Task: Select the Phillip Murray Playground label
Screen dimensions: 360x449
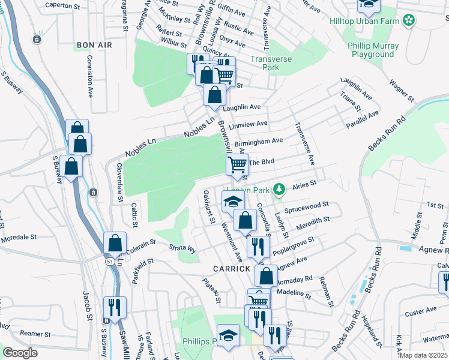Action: coord(370,50)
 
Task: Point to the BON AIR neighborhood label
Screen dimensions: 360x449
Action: coord(91,45)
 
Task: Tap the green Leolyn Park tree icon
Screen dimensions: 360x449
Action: coord(278,190)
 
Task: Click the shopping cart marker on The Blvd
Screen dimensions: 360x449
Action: coord(238,163)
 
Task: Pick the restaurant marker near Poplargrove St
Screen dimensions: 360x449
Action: coord(258,245)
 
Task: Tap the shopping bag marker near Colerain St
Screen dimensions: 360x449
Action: coord(115,243)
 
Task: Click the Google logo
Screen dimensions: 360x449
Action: coord(20,353)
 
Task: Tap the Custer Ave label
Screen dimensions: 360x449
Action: coord(421,311)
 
